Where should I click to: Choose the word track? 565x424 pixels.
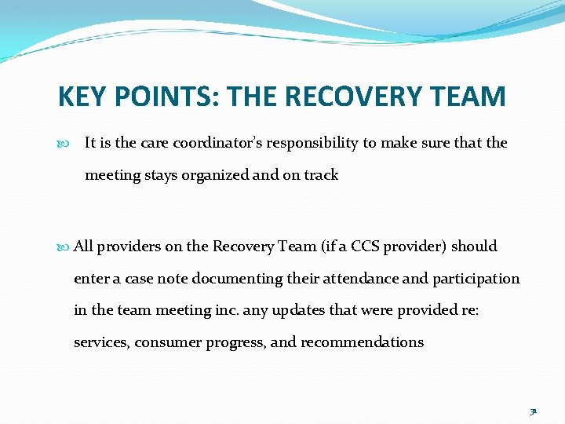[322, 175]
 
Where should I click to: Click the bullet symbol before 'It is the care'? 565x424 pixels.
[64, 144]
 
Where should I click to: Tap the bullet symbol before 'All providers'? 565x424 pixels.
[64, 247]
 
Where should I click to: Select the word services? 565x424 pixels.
[101, 342]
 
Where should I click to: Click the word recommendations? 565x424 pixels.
[363, 342]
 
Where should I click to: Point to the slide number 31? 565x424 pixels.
[533, 411]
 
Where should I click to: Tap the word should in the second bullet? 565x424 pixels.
[475, 246]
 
